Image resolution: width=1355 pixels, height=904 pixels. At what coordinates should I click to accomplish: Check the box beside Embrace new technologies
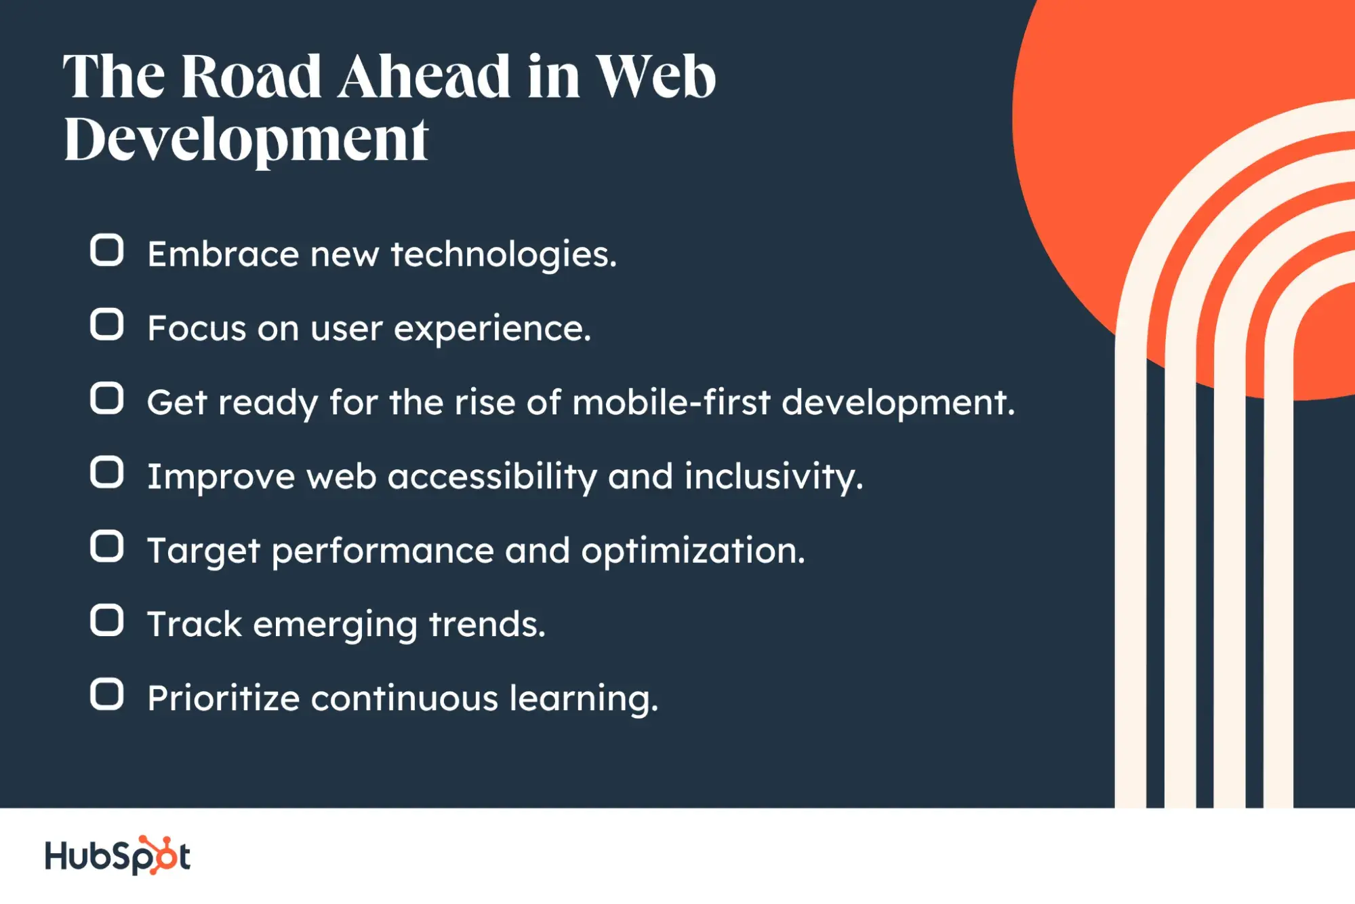(x=106, y=250)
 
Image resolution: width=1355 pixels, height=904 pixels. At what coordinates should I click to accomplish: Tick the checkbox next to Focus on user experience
(x=106, y=324)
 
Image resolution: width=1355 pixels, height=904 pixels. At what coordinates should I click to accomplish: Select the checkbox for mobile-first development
(x=106, y=398)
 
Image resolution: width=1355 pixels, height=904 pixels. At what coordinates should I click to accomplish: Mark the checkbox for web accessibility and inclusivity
(x=106, y=472)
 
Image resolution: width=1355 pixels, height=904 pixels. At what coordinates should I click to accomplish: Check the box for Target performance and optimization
(x=106, y=547)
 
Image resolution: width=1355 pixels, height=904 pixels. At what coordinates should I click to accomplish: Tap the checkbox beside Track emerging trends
(x=106, y=621)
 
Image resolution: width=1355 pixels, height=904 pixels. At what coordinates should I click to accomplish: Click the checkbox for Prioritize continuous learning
(x=106, y=694)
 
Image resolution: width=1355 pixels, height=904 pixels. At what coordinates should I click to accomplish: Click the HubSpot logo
(x=117, y=855)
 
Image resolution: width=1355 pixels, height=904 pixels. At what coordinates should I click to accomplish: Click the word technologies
(x=504, y=255)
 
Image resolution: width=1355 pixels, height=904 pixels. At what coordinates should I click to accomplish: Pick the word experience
(x=493, y=330)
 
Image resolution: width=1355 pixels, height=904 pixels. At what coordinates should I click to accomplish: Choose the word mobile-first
(x=672, y=402)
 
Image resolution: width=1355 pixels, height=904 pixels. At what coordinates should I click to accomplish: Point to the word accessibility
(x=493, y=477)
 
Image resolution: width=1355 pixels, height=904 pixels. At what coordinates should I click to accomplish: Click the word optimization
(x=693, y=551)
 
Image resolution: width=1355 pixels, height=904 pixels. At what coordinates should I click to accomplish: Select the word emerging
(x=336, y=625)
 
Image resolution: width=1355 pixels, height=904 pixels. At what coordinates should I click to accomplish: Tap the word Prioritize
(x=224, y=699)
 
